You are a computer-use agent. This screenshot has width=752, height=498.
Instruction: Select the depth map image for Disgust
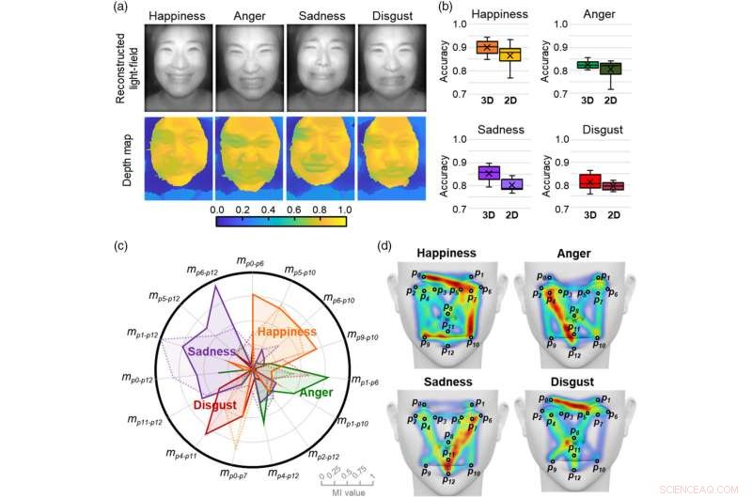pyautogui.click(x=393, y=159)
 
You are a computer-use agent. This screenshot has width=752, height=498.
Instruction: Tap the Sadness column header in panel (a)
pyautogui.click(x=321, y=16)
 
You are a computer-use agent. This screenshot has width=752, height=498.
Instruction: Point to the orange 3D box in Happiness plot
pyautogui.click(x=486, y=47)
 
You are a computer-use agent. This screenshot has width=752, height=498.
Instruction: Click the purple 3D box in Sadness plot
pyautogui.click(x=486, y=172)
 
